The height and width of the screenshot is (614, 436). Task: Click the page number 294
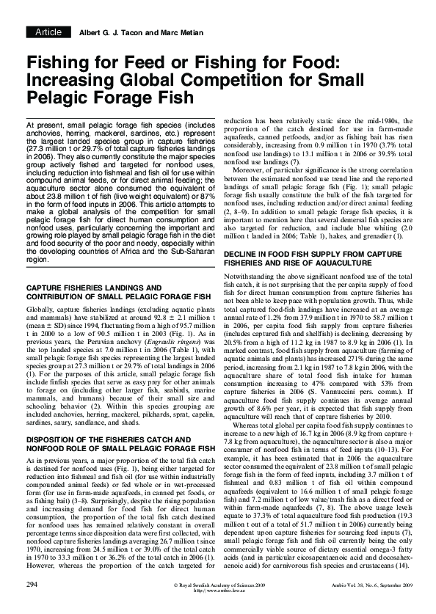tap(32, 604)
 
